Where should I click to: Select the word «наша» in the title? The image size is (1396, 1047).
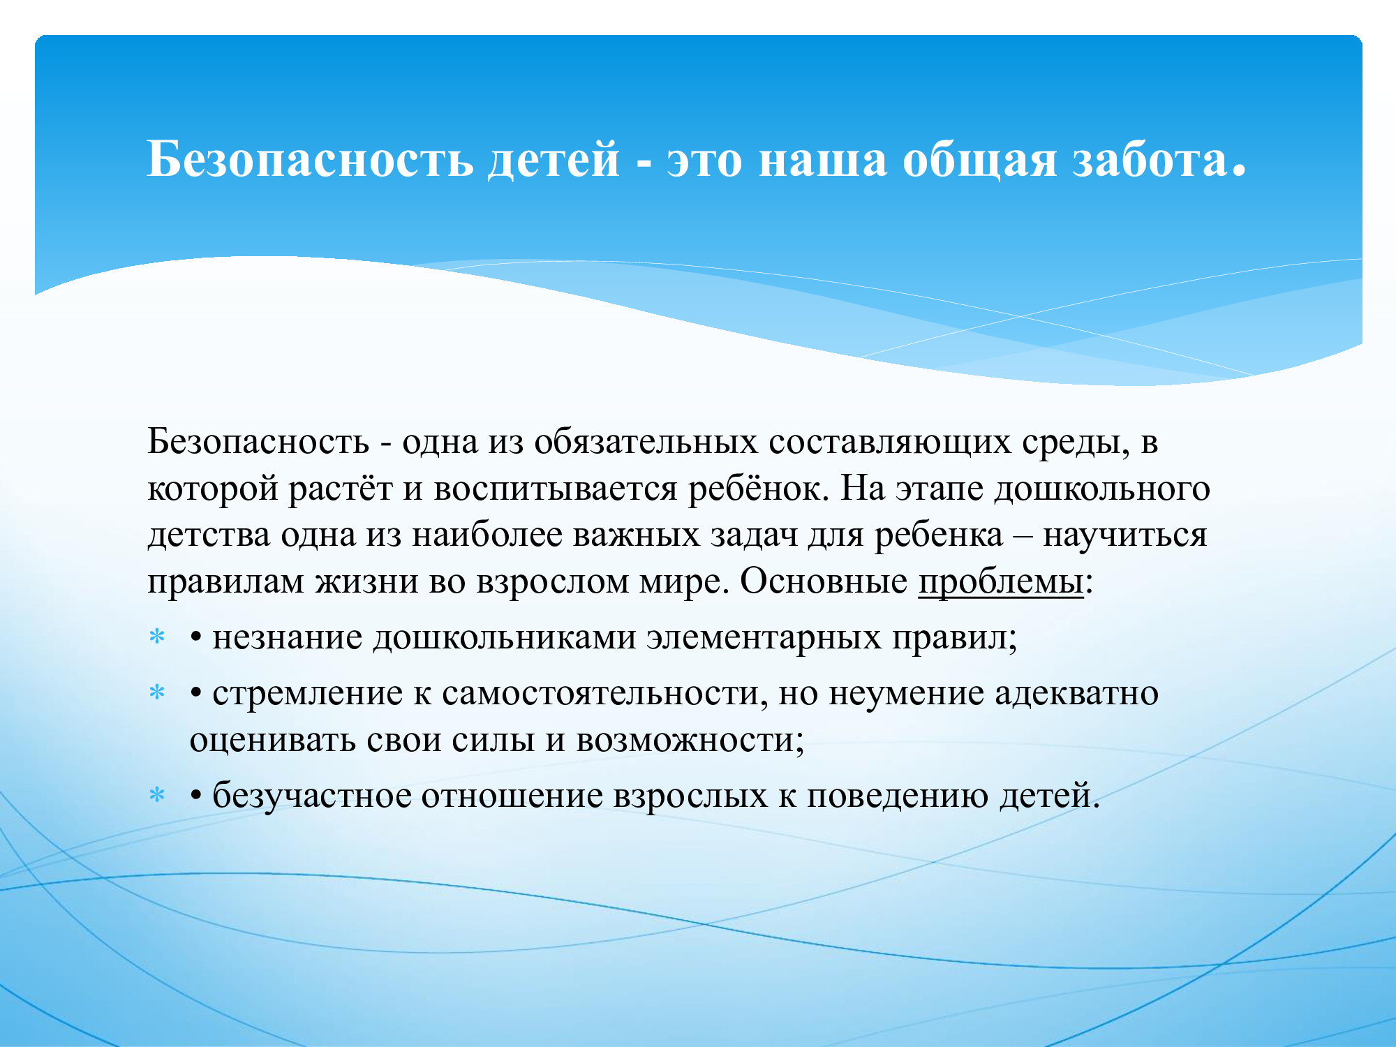click(x=823, y=161)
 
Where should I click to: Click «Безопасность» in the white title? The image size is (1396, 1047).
click(x=311, y=158)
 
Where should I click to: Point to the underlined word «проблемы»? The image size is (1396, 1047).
click(x=1001, y=581)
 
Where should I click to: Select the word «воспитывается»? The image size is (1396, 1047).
click(x=556, y=489)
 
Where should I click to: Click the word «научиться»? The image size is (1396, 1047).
click(x=1124, y=535)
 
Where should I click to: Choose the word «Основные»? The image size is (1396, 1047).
click(x=824, y=581)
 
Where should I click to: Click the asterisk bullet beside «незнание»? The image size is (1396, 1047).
click(x=158, y=637)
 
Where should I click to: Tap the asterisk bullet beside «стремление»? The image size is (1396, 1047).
click(x=158, y=692)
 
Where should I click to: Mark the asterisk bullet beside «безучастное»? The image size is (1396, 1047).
click(x=158, y=795)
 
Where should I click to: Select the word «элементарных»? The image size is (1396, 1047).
click(x=764, y=638)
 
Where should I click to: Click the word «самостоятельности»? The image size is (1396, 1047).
click(x=604, y=693)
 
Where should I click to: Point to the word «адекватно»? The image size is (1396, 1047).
click(x=1076, y=694)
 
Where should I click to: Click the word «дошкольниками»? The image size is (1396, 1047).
click(x=504, y=638)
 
